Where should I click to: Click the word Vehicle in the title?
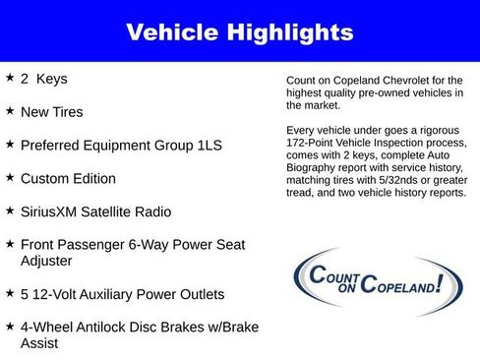[173, 32]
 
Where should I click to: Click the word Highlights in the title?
[289, 32]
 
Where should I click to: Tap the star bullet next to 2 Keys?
[9, 77]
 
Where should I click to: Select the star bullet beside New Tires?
[9, 110]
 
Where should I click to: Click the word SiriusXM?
[56, 212]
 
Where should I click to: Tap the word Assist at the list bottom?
[42, 345]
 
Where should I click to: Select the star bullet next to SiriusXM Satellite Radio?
[9, 210]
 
